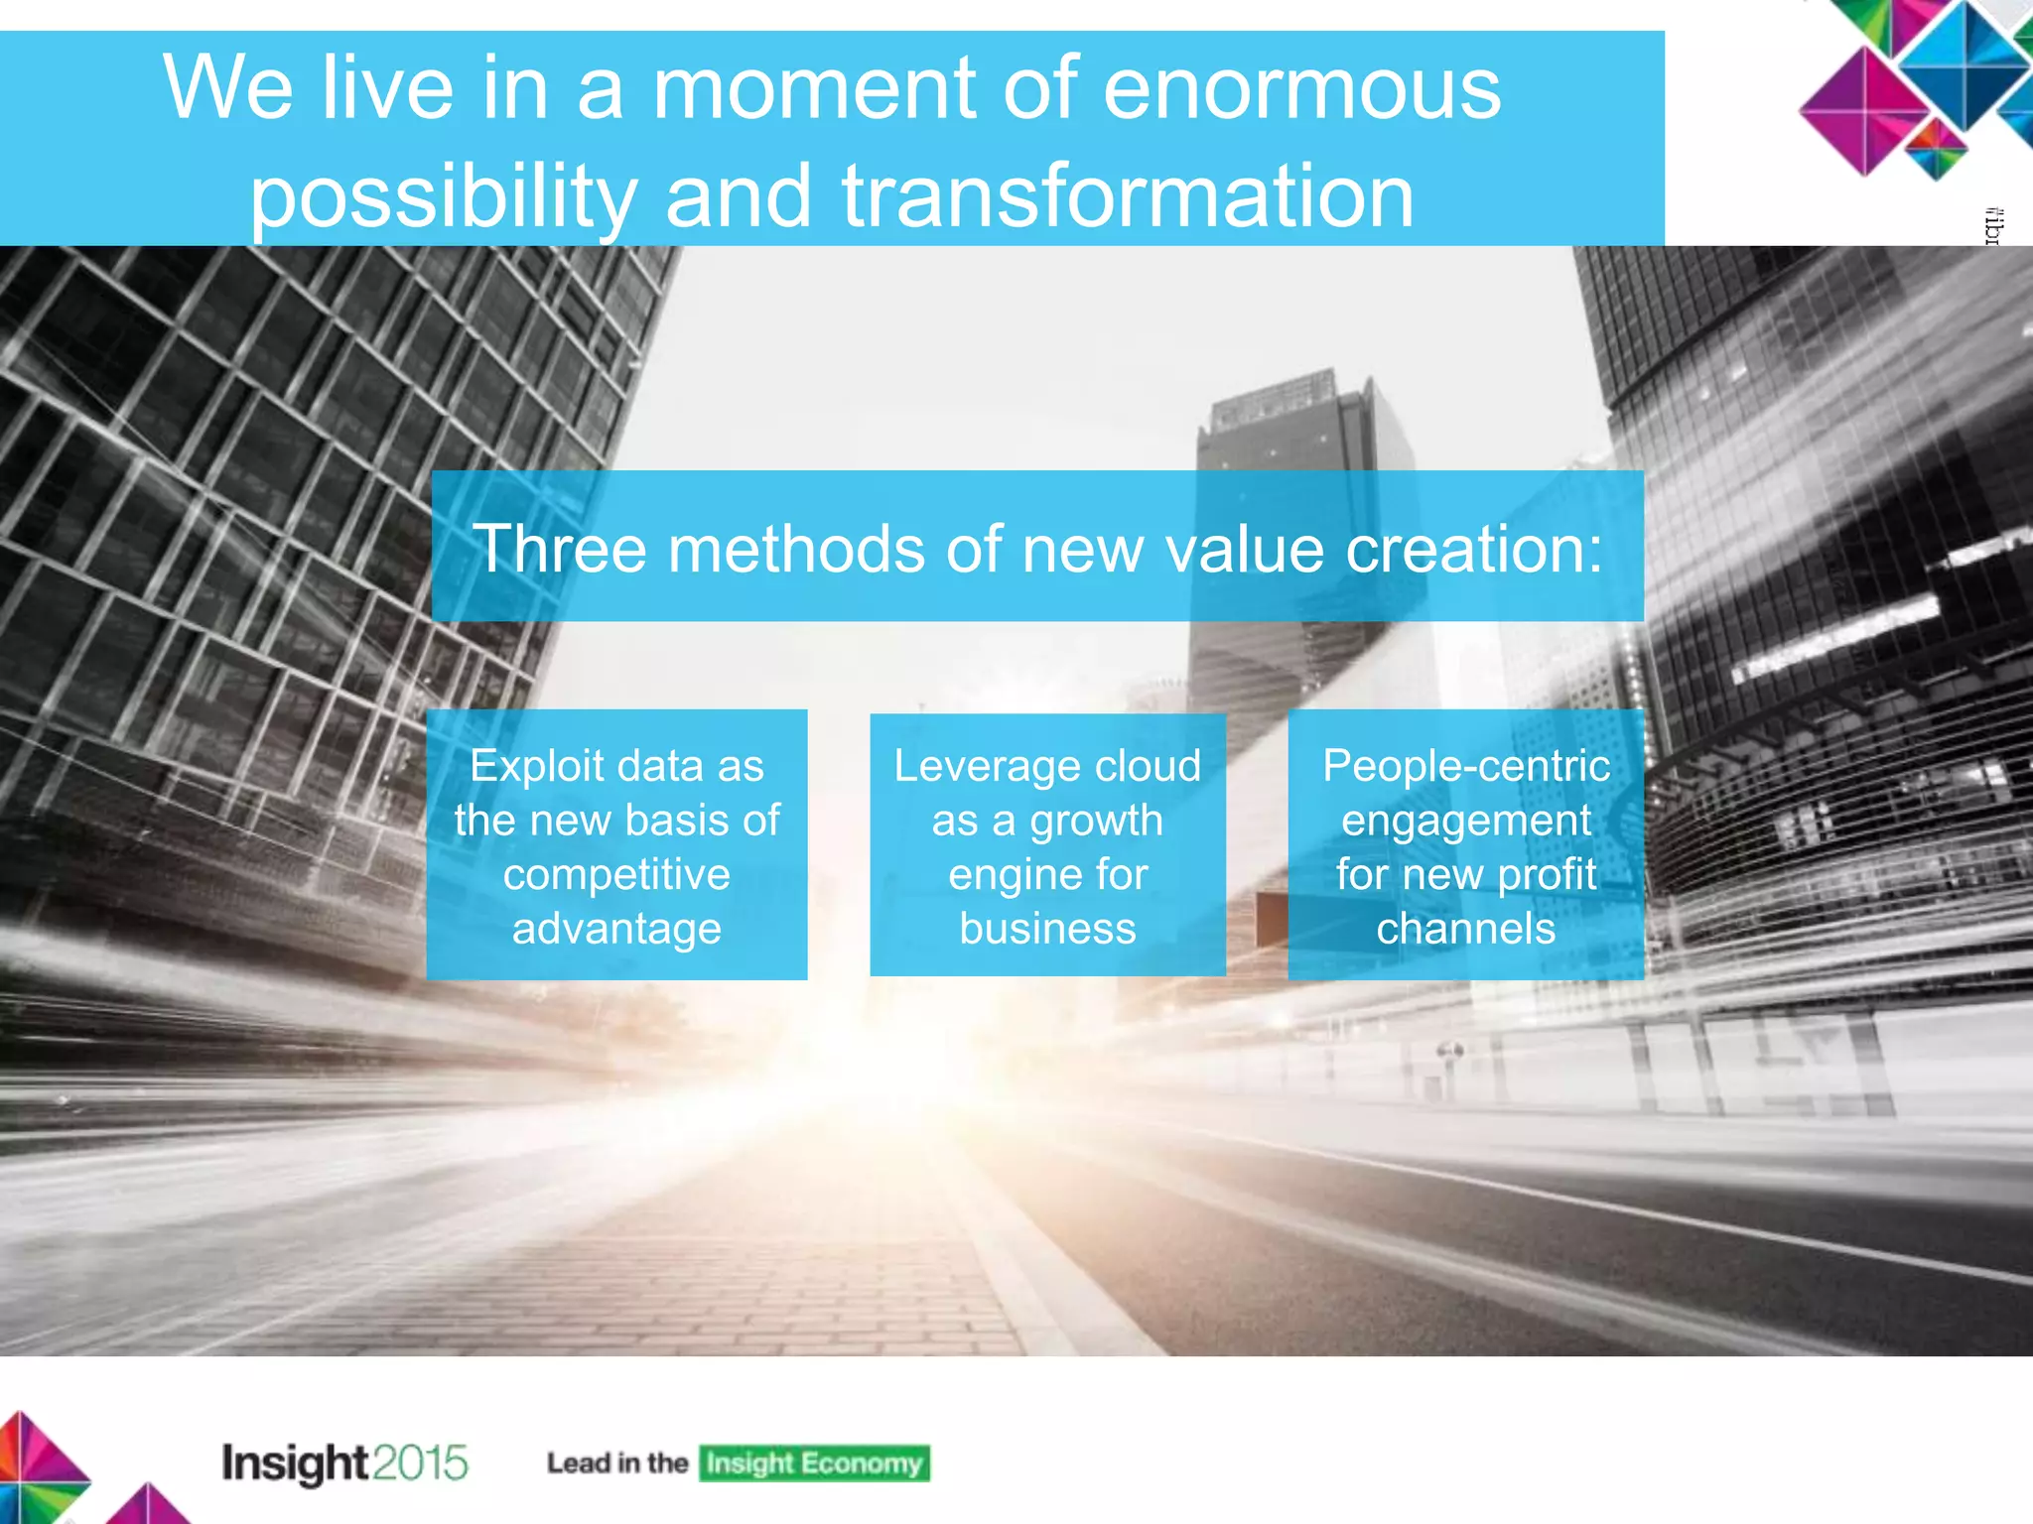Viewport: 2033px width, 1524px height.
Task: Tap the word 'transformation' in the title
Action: [x=1128, y=195]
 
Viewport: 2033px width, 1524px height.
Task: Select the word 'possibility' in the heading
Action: [x=443, y=195]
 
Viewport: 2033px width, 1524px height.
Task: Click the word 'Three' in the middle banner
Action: [x=558, y=549]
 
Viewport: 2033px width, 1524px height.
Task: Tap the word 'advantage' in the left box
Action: [x=616, y=929]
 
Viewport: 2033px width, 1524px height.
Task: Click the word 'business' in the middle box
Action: [x=1047, y=929]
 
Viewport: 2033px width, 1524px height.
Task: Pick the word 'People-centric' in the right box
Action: [x=1465, y=766]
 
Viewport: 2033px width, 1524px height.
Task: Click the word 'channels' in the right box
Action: [x=1465, y=929]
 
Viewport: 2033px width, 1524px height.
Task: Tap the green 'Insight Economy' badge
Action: [x=814, y=1463]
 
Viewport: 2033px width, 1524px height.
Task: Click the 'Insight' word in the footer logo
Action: [x=295, y=1463]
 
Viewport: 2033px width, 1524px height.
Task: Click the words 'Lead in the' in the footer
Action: [x=616, y=1463]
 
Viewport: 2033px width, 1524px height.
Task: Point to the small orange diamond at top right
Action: [x=1935, y=149]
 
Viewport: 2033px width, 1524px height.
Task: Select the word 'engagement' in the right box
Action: [x=1465, y=821]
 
